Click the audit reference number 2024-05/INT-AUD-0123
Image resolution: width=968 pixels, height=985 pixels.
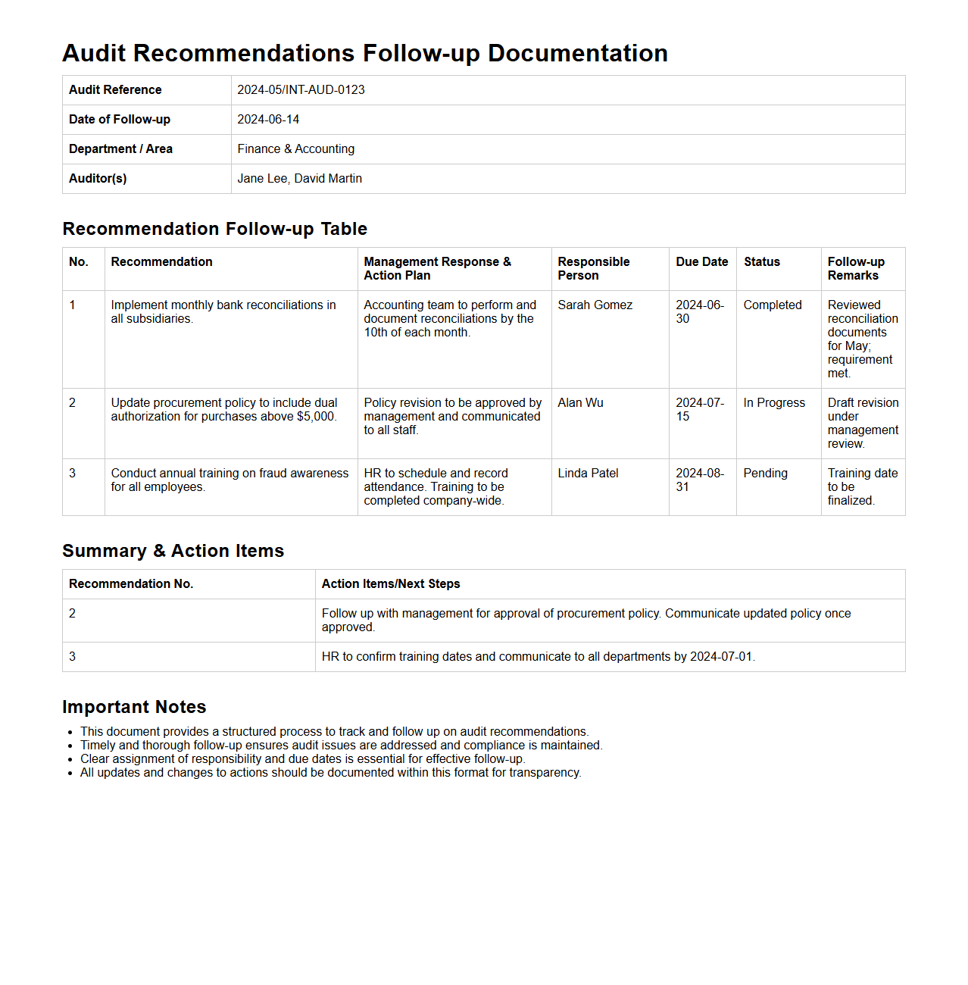pyautogui.click(x=301, y=90)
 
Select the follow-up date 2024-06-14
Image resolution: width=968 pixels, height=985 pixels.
pyautogui.click(x=268, y=120)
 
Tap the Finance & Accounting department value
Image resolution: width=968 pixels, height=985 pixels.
pyautogui.click(x=295, y=149)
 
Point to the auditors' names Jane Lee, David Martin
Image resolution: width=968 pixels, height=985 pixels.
pyautogui.click(x=299, y=179)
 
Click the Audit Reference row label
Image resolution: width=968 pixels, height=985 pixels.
pyautogui.click(x=115, y=90)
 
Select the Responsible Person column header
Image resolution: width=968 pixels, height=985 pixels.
pyautogui.click(x=593, y=269)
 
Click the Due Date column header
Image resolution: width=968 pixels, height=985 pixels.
pyautogui.click(x=701, y=262)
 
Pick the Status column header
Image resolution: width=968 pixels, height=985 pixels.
pyautogui.click(x=761, y=262)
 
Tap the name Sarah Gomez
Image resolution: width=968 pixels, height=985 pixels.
pyautogui.click(x=595, y=305)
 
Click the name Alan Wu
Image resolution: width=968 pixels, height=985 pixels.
pyautogui.click(x=580, y=403)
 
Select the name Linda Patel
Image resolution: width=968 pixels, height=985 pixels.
pyautogui.click(x=588, y=474)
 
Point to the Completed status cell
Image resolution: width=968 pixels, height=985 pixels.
pyautogui.click(x=772, y=305)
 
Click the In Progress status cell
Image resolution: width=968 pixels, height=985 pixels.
pyautogui.click(x=773, y=403)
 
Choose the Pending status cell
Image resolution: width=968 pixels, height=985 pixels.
pyautogui.click(x=765, y=474)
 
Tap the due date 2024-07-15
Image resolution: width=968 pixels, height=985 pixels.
pyautogui.click(x=699, y=410)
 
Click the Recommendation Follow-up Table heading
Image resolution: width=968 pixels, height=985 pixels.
pyautogui.click(x=214, y=229)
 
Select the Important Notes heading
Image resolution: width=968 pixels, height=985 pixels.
pyautogui.click(x=134, y=707)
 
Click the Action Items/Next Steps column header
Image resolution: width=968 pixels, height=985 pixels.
pyautogui.click(x=390, y=584)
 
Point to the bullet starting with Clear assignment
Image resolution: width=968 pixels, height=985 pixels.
pyautogui.click(x=302, y=759)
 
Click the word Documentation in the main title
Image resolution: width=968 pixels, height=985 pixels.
pyautogui.click(x=577, y=54)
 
